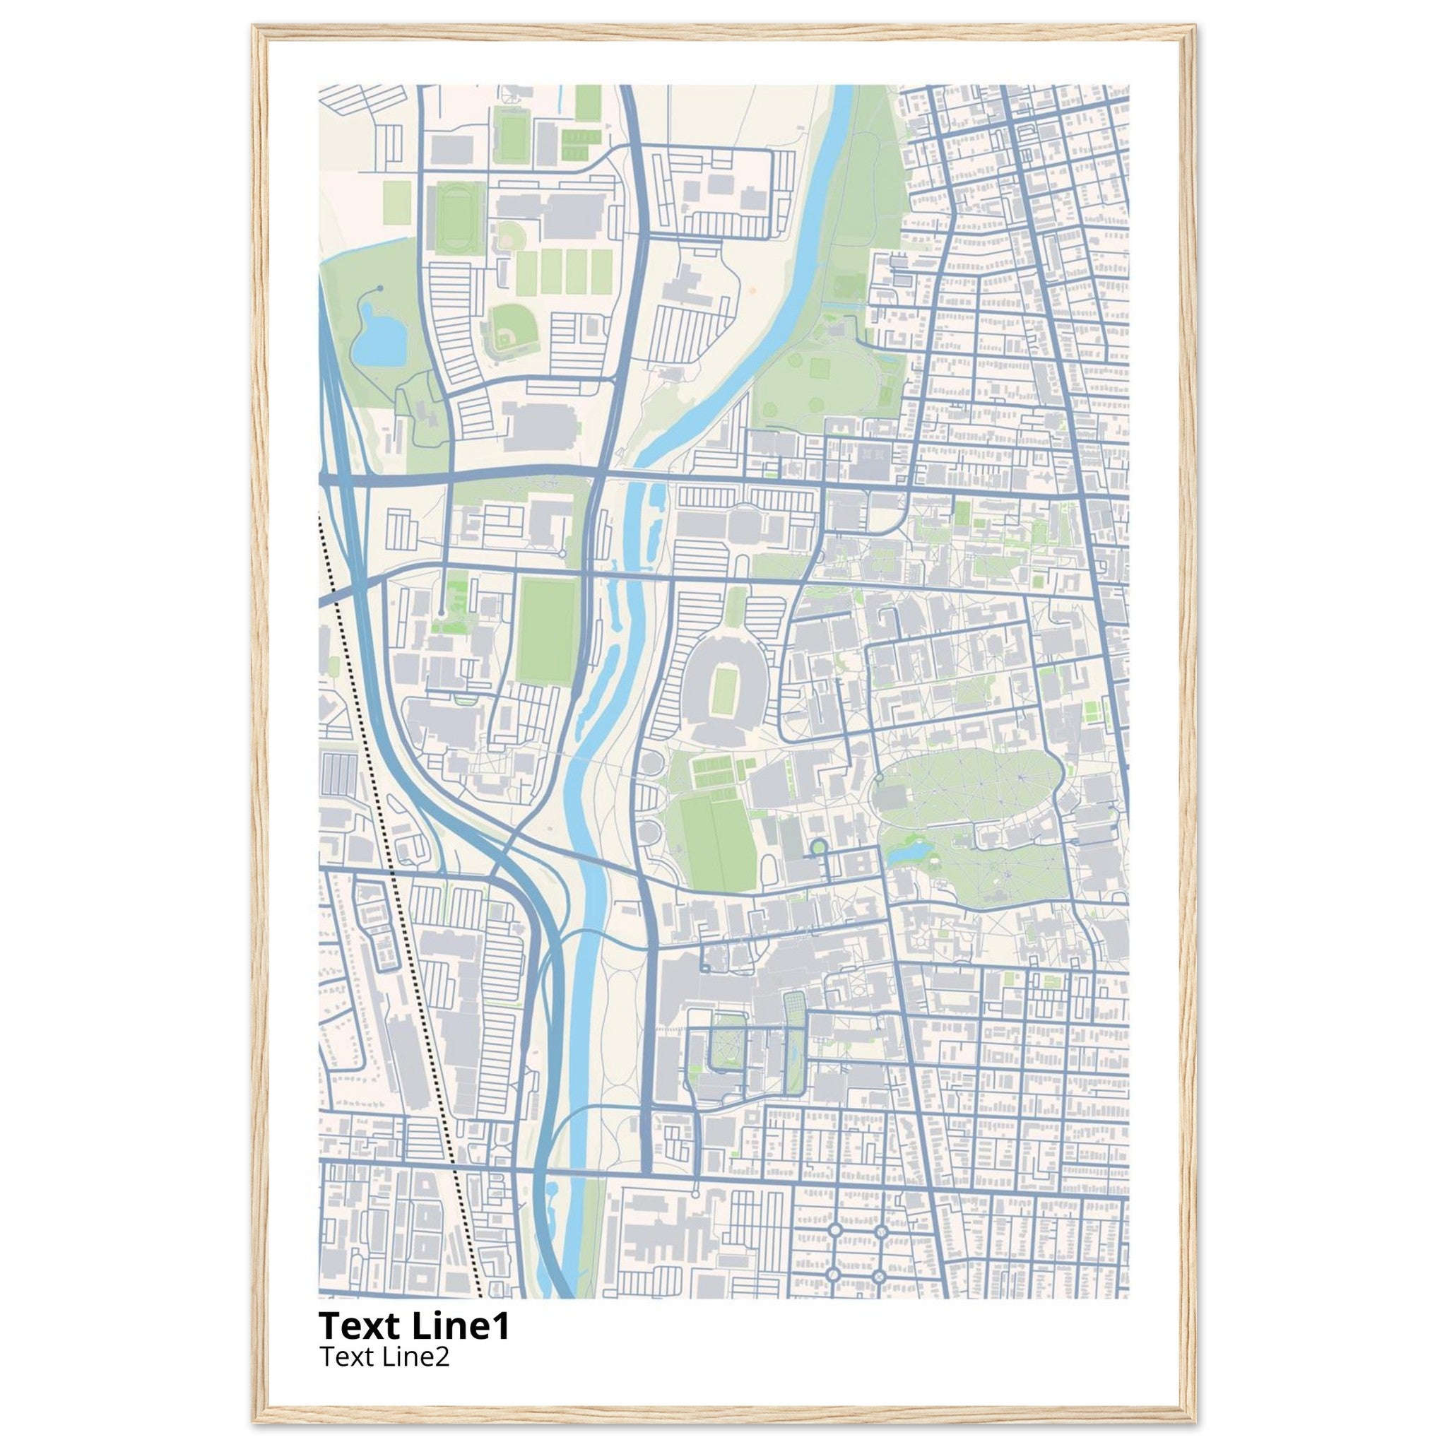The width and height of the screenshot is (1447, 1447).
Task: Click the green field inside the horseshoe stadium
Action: pos(723,691)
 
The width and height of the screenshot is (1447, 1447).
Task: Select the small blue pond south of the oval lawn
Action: pos(908,851)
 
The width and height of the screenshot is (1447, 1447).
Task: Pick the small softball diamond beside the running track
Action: pos(509,237)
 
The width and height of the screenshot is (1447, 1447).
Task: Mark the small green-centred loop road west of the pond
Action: pos(818,846)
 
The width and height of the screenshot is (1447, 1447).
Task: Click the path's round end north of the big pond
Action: pos(379,288)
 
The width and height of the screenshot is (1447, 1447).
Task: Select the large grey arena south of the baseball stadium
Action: pos(539,427)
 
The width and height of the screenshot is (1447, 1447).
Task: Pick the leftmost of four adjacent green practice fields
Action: pos(528,271)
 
